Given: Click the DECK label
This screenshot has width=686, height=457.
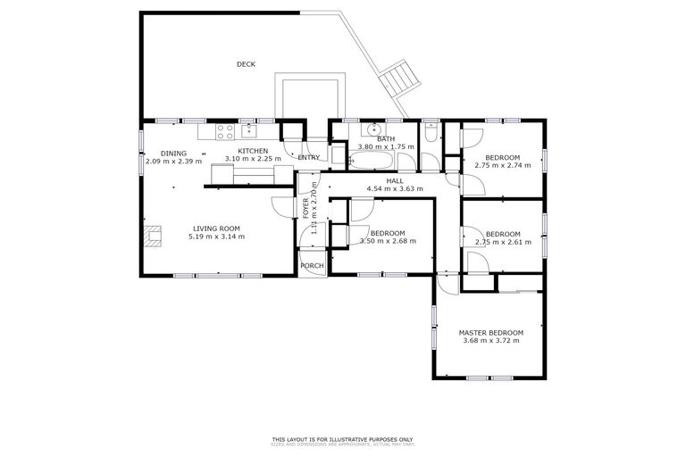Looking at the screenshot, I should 246,63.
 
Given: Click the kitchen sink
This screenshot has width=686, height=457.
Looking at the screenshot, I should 247,131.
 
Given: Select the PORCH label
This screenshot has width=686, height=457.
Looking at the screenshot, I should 312,266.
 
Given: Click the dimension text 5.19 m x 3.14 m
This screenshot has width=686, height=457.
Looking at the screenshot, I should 216,237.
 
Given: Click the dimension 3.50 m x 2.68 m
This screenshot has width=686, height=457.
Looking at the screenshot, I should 388,241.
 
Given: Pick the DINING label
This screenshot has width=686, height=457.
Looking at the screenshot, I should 173,154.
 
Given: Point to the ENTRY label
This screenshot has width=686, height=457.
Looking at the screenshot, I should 309,158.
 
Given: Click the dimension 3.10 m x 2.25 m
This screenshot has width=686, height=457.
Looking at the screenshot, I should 253,159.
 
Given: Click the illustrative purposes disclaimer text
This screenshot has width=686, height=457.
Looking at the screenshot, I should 342,439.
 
